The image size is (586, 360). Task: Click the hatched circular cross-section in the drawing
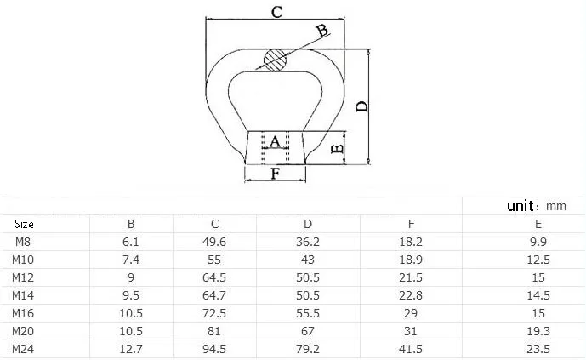pyautogui.click(x=275, y=60)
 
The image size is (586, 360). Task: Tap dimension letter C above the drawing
pyautogui.click(x=276, y=12)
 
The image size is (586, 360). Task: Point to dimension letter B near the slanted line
pyautogui.click(x=322, y=31)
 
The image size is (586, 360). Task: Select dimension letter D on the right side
pyautogui.click(x=361, y=106)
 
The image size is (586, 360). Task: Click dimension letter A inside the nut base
pyautogui.click(x=275, y=141)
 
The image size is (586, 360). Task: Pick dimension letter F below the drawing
pyautogui.click(x=275, y=174)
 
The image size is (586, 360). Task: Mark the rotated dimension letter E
pyautogui.click(x=337, y=149)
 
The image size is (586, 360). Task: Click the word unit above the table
pyautogui.click(x=521, y=206)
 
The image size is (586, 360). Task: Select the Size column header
pyautogui.click(x=24, y=224)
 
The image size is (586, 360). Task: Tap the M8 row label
pyautogui.click(x=23, y=242)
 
